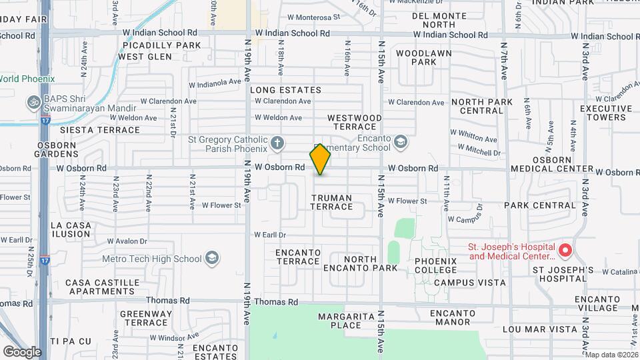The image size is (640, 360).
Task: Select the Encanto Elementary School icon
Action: tap(400, 141)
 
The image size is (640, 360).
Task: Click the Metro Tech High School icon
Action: tap(212, 258)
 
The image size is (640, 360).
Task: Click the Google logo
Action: tap(21, 351)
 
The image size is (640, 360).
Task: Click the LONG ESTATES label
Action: tap(285, 90)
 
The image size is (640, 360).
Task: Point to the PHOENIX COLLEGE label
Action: tap(435, 265)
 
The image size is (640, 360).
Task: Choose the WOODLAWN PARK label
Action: tap(423, 57)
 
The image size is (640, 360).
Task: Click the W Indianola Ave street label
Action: tap(214, 83)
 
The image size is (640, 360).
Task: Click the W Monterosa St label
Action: tap(313, 17)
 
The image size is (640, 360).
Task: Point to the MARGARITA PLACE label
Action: tap(339, 321)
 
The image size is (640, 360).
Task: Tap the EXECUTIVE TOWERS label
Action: tap(605, 113)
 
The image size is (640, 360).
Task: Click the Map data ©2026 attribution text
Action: tap(611, 354)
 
